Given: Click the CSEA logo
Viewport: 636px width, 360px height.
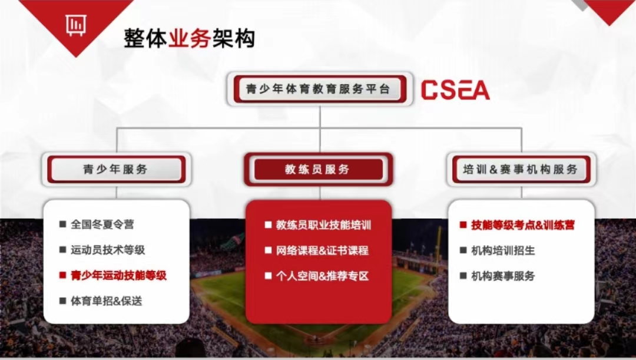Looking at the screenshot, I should (455, 90).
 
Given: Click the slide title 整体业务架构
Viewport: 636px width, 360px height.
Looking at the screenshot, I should (189, 38).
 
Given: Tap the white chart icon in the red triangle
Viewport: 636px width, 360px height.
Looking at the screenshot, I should (75, 24).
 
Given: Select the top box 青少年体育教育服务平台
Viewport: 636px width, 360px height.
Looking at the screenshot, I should (318, 90).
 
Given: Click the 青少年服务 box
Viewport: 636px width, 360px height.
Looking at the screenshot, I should (115, 170).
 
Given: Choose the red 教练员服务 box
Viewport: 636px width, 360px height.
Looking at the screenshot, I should (318, 170).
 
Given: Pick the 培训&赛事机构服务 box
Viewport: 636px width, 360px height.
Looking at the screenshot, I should (521, 170).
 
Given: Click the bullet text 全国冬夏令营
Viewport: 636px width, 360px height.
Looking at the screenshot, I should (102, 224).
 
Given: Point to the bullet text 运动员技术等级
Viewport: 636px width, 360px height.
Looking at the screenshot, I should (108, 250).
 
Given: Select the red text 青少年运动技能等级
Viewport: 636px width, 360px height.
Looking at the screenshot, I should (118, 275).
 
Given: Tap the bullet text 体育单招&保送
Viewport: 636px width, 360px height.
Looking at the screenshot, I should (107, 300).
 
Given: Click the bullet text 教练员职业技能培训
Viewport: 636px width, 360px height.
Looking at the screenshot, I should (324, 225).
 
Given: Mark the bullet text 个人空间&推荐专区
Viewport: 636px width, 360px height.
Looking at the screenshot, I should (322, 276).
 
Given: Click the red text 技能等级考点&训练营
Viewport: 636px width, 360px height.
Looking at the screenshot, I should (523, 225).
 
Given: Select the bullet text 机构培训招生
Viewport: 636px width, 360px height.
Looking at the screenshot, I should (503, 250).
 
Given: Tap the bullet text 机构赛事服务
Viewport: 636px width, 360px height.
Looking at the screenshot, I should (503, 276).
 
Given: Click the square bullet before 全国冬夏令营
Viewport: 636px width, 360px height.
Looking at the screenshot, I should (62, 224).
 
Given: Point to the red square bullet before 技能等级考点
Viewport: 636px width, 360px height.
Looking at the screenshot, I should (463, 225).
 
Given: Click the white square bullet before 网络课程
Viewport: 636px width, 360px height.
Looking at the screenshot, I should (268, 250).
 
